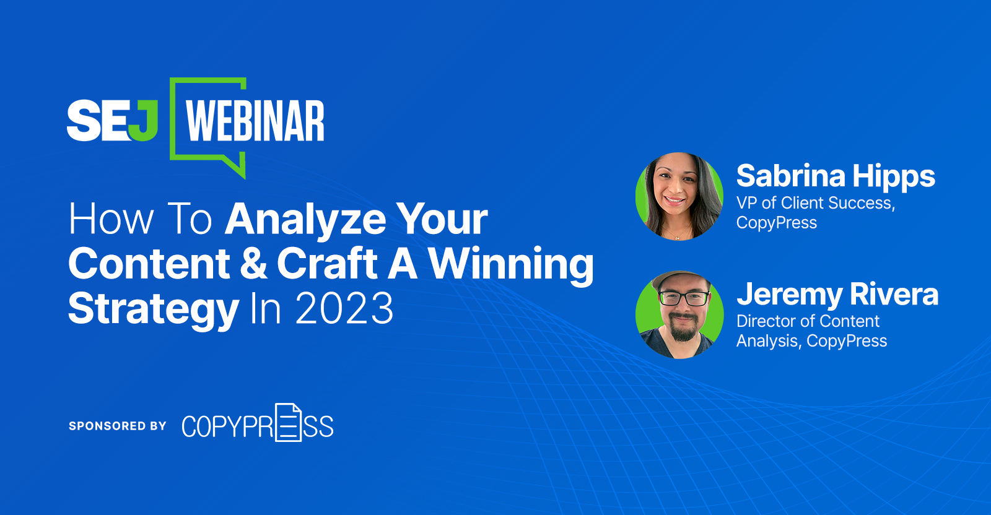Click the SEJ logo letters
(112, 120)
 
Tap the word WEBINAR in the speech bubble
(255, 121)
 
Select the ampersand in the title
(253, 264)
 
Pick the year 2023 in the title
(344, 308)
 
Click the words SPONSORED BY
(118, 426)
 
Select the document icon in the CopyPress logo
(289, 423)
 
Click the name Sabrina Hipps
(836, 176)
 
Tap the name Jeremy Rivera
(837, 295)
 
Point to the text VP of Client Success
(815, 203)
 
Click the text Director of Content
(808, 321)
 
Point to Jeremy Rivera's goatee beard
(683, 331)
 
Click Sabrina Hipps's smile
(674, 200)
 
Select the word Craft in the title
(327, 264)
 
